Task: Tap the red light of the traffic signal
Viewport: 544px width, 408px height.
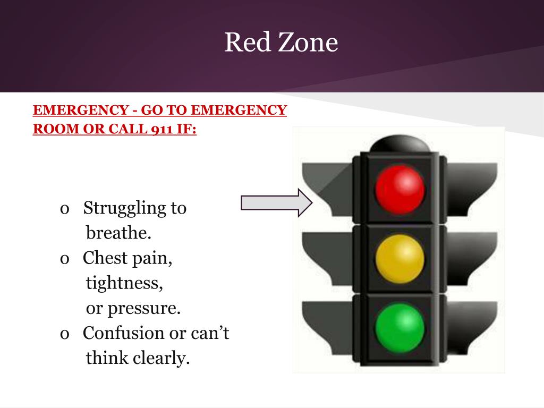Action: (x=399, y=189)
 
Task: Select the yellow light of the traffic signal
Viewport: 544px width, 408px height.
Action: (x=399, y=258)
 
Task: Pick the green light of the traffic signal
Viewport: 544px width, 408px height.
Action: (x=399, y=327)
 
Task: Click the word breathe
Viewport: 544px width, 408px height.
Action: (x=118, y=233)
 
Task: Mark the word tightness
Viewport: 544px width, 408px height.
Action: (x=124, y=283)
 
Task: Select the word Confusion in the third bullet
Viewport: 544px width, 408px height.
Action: (x=123, y=333)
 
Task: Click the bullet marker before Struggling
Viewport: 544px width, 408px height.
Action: (x=65, y=209)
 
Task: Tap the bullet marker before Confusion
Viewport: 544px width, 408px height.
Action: (x=65, y=334)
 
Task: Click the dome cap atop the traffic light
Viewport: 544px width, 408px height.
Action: (x=399, y=143)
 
